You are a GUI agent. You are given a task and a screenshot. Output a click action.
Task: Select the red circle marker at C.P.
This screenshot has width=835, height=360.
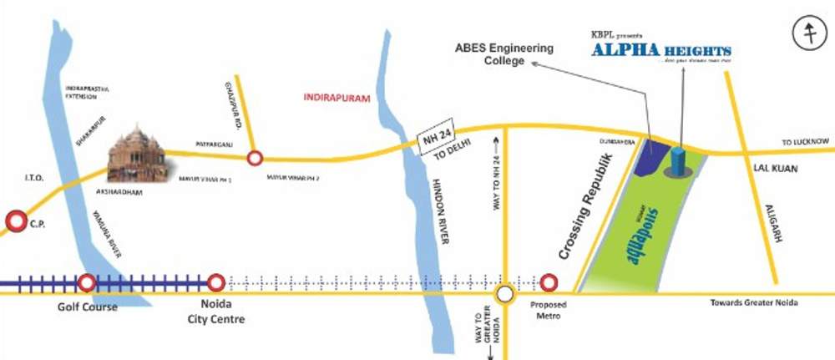click(16, 221)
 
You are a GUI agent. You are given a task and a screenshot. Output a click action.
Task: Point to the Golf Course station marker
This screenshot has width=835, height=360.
click(87, 284)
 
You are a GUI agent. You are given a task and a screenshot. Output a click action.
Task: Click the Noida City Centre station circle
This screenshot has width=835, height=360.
click(215, 284)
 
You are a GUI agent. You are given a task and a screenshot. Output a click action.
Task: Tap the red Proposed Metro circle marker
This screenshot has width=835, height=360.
click(548, 283)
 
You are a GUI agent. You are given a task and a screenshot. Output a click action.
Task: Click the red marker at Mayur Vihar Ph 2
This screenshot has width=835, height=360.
click(256, 156)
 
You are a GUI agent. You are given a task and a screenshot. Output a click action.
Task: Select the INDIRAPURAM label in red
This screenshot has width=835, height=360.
click(337, 99)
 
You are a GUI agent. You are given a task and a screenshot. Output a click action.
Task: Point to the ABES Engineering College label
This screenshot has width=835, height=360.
click(504, 54)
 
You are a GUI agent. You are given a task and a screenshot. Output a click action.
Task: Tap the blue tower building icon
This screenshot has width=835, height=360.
click(678, 161)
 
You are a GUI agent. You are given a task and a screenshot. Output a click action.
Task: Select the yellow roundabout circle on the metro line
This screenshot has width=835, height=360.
click(504, 294)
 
